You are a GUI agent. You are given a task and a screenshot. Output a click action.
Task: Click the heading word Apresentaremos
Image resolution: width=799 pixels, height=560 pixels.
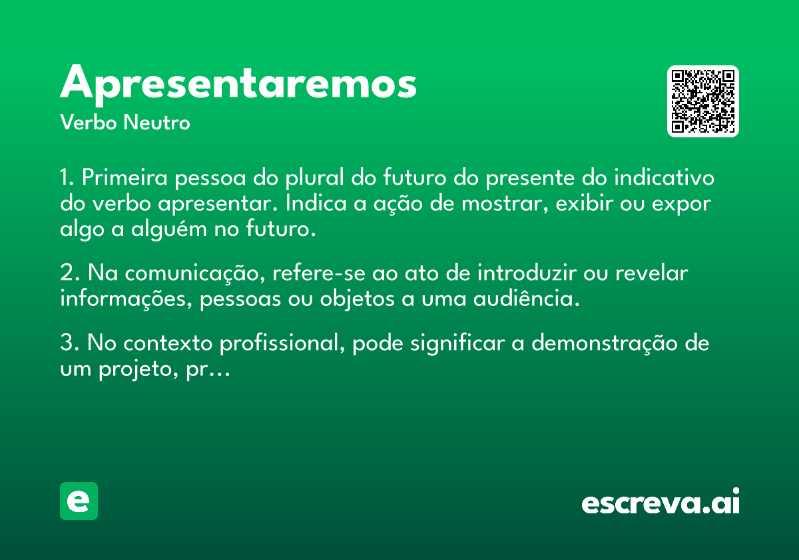[238, 85]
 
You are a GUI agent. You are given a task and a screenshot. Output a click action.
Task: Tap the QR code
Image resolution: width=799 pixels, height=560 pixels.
[702, 101]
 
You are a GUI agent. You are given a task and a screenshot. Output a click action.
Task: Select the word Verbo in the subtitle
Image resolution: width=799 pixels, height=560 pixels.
[89, 123]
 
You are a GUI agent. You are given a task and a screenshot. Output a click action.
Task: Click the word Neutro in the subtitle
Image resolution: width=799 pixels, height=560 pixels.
[156, 123]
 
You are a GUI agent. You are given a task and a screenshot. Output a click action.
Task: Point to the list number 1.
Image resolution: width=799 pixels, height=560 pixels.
[67, 177]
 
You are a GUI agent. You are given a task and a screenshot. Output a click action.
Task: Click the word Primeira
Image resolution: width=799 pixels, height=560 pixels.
[125, 177]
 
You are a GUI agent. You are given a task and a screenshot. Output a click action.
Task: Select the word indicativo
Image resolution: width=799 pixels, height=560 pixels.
[664, 177]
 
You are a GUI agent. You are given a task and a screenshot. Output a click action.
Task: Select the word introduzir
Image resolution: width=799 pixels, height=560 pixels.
[527, 273]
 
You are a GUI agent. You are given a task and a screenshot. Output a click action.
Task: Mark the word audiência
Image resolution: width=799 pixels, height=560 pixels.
[526, 298]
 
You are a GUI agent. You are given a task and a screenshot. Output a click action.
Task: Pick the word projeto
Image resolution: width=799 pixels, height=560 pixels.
[138, 369]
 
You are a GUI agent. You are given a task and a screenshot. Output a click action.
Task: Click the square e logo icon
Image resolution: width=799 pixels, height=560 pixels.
[79, 501]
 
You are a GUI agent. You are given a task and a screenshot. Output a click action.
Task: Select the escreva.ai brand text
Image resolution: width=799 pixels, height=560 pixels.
[661, 501]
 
